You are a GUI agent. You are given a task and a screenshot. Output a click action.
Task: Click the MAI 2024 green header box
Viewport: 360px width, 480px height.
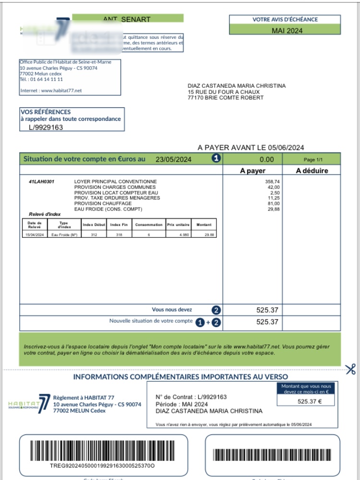[x=287, y=31]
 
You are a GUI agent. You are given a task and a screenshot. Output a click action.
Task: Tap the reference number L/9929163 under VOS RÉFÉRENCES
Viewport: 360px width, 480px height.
[x=46, y=128]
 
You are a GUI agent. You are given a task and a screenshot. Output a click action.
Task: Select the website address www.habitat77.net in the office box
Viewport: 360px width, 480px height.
[x=61, y=91]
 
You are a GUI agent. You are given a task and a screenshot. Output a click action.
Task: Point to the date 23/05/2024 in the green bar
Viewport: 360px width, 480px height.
[x=173, y=159]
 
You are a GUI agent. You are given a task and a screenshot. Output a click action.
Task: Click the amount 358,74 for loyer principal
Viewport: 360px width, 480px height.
[x=272, y=182]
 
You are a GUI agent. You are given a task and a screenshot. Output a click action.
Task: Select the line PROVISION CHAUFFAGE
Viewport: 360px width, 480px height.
[x=103, y=203]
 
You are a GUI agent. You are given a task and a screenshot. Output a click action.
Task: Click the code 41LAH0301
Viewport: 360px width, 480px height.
[x=42, y=182]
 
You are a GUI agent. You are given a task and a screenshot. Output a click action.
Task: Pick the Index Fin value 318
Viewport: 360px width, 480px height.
[x=119, y=234]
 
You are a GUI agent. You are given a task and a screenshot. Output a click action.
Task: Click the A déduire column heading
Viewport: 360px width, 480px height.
[x=312, y=170]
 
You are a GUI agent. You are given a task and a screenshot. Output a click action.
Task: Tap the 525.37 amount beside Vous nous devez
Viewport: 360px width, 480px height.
[x=267, y=310]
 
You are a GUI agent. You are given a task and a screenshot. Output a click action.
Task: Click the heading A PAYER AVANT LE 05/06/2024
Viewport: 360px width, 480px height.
[x=251, y=148]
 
